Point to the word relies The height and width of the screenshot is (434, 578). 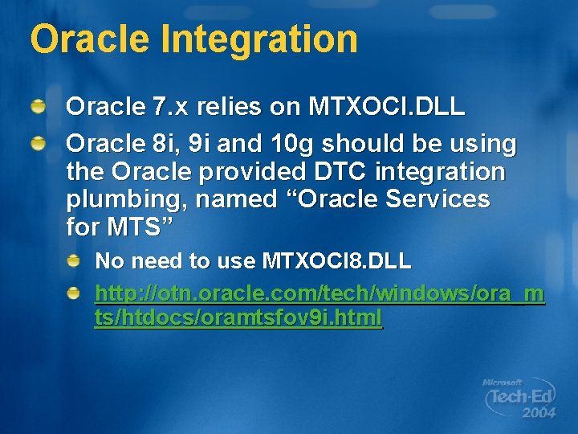click(234, 108)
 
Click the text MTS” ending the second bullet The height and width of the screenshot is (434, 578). click(138, 227)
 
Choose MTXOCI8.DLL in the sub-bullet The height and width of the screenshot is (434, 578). click(336, 261)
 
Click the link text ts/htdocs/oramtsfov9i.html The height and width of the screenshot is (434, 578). click(238, 319)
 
